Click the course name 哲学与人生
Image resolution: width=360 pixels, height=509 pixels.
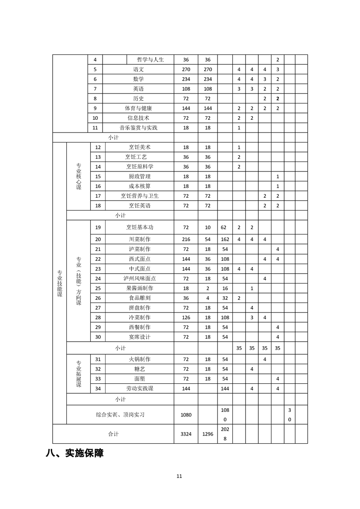click(150, 59)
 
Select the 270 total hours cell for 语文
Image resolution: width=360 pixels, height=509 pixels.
click(186, 69)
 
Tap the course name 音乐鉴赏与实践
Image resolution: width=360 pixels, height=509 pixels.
click(138, 128)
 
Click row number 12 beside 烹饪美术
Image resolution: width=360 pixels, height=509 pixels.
click(98, 147)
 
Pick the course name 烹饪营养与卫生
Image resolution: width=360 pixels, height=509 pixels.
click(139, 196)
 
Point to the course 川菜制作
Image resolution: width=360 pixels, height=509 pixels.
click(139, 239)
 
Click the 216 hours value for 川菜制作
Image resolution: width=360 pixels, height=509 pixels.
click(186, 239)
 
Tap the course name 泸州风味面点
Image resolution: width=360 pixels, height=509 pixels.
click(139, 278)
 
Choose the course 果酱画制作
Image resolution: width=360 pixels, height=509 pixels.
click(139, 288)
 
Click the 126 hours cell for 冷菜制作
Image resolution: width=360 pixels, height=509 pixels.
click(186, 317)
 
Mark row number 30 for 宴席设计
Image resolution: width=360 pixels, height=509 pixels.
click(98, 337)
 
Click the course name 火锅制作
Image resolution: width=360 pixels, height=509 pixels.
click(139, 359)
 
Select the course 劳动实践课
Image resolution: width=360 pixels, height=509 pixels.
click(139, 389)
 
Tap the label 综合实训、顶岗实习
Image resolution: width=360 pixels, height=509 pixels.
click(120, 415)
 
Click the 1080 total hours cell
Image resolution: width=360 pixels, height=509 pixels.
click(186, 415)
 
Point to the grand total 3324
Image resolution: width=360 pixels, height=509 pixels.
click(186, 434)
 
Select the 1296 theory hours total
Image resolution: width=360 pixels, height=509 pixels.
click(207, 434)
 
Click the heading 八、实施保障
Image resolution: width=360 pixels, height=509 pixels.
click(74, 453)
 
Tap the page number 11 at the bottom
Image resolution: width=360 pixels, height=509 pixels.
click(179, 476)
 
